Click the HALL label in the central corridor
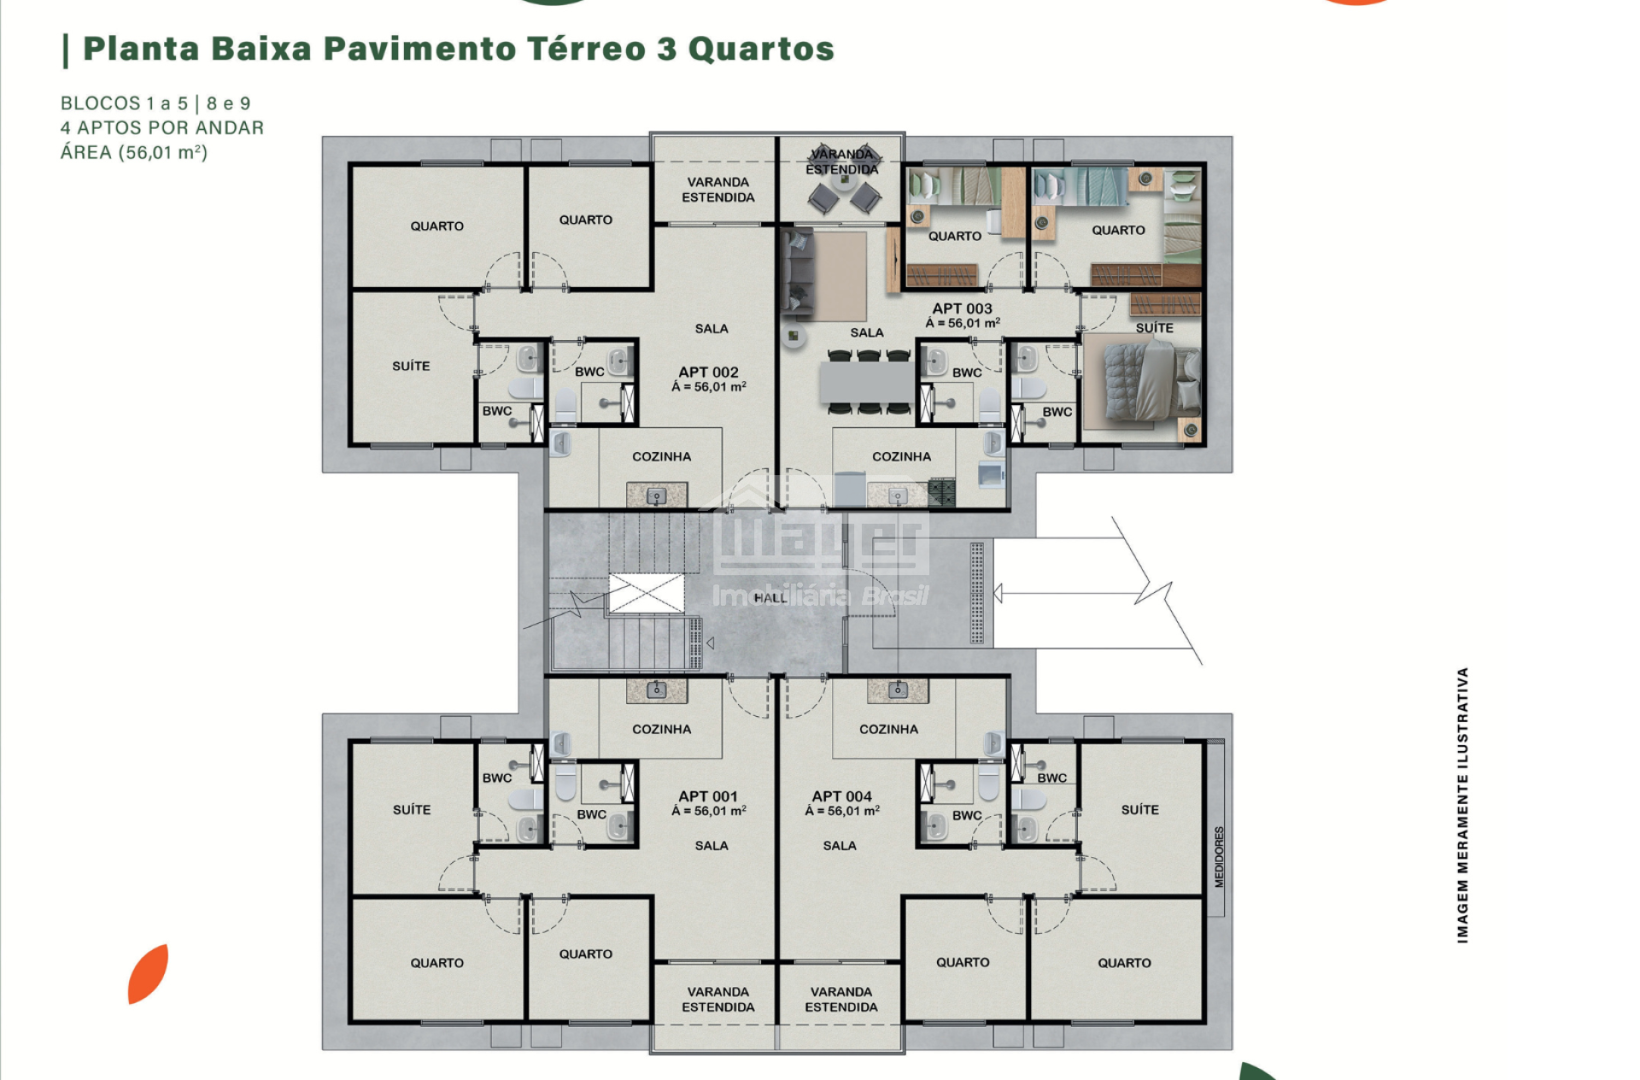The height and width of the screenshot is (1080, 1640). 770,598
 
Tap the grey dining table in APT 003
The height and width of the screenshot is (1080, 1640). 867,383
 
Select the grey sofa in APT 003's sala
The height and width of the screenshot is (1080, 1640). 798,273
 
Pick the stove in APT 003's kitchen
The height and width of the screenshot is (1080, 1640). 941,491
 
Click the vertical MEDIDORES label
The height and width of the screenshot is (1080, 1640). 1219,857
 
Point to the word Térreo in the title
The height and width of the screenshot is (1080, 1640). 585,49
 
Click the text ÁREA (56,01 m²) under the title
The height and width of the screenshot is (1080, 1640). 134,152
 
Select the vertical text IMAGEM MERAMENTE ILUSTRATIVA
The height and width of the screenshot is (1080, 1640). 1463,805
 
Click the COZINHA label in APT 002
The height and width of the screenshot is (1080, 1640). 661,456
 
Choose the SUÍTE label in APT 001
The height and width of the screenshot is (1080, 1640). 412,809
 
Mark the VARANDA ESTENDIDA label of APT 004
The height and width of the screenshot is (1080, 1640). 841,1000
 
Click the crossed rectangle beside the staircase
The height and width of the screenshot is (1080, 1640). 647,593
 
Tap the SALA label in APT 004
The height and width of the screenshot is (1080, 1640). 840,845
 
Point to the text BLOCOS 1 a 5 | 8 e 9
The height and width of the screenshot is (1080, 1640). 155,103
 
